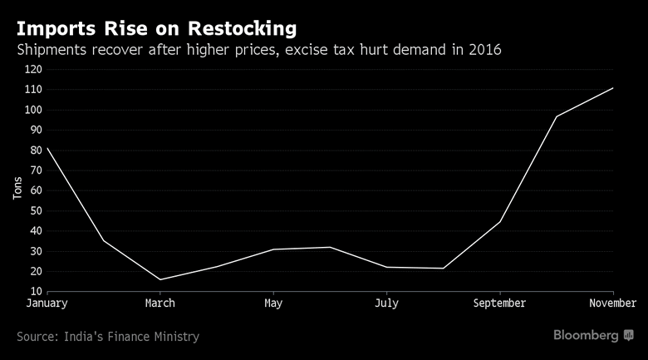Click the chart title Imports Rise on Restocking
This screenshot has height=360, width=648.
[x=156, y=28]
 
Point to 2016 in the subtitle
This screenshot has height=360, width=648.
[x=483, y=51]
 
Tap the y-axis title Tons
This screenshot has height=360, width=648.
[x=17, y=190]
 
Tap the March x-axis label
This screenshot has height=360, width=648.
[x=160, y=303]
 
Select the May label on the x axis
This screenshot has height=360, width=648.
[x=273, y=303]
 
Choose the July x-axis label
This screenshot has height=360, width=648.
[x=386, y=303]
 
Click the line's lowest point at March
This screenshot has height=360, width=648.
[x=160, y=279]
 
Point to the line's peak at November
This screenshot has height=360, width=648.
[x=613, y=87]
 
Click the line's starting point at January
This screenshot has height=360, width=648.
[x=47, y=148]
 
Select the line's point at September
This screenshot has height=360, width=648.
[x=500, y=221]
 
